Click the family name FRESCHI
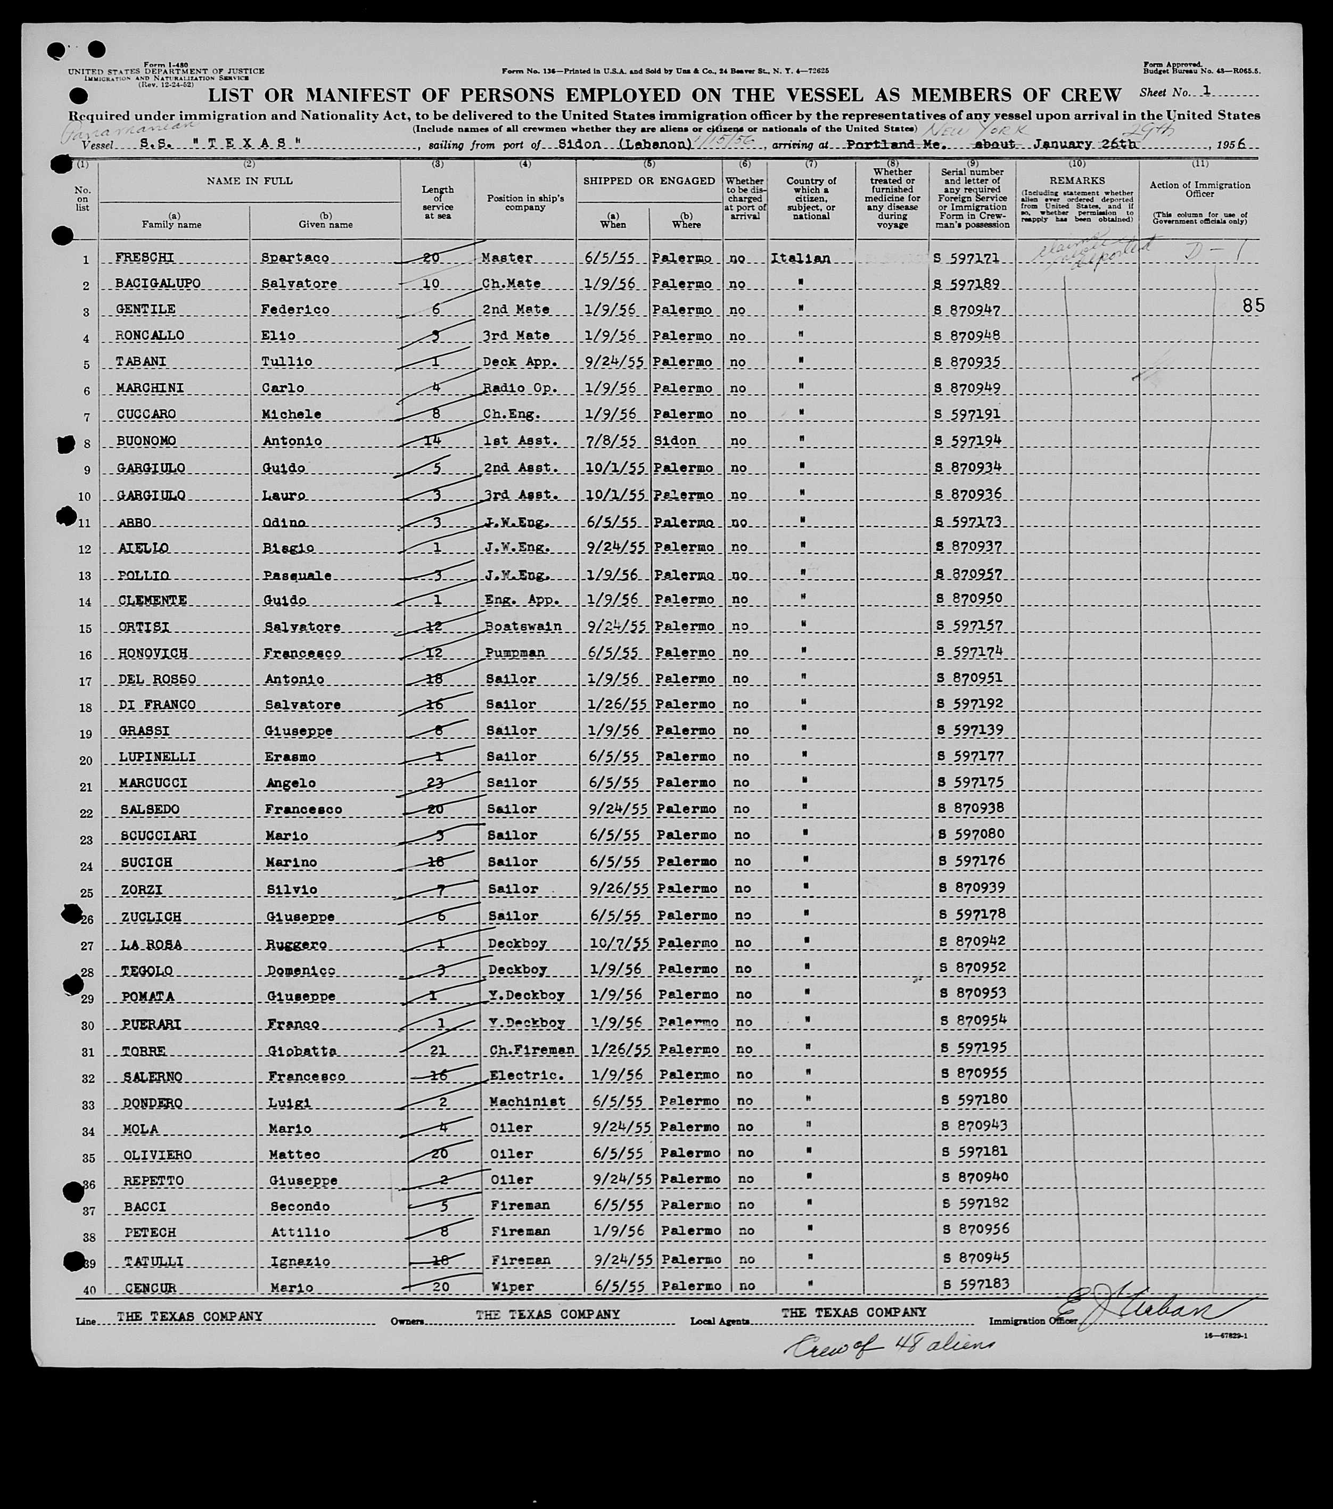click(x=145, y=258)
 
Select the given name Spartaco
click(x=295, y=258)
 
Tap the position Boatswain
click(x=523, y=626)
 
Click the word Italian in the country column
click(x=801, y=258)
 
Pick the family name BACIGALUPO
click(x=157, y=284)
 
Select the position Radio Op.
click(x=517, y=387)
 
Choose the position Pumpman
click(x=515, y=653)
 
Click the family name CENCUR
click(x=151, y=1288)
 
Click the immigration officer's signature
click(x=1152, y=1310)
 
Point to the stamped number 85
click(x=1253, y=305)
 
